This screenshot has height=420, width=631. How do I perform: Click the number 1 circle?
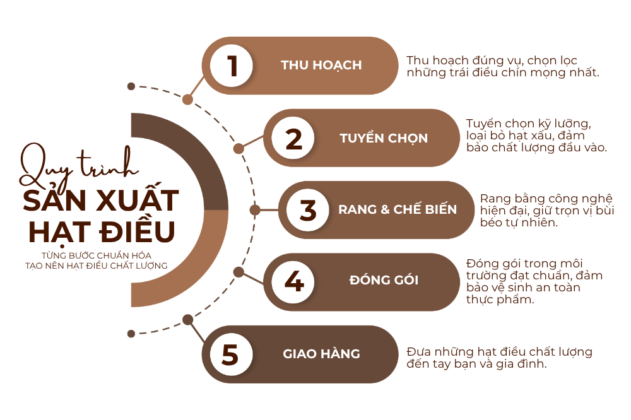[x=232, y=66]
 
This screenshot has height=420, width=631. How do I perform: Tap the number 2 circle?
[x=293, y=138]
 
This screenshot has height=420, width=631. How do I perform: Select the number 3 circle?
[x=308, y=209]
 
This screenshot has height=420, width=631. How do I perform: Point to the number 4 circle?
[x=293, y=281]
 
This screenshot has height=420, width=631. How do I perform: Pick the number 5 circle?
[x=232, y=354]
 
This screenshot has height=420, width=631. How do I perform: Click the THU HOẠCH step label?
[x=321, y=65]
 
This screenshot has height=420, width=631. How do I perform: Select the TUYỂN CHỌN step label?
[x=384, y=138]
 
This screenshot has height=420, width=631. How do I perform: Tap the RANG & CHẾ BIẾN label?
[x=398, y=209]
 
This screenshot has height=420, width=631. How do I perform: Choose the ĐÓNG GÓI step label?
[x=384, y=279]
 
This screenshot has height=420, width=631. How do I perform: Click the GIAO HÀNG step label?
[x=322, y=353]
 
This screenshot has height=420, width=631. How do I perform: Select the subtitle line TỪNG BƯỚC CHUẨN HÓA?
[x=97, y=255]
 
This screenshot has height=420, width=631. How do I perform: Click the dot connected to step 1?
[x=187, y=100]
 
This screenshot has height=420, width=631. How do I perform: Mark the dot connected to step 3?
[x=255, y=209]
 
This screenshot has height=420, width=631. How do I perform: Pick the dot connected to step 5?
[x=187, y=320]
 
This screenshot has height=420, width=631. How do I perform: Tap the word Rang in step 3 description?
[x=495, y=199]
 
